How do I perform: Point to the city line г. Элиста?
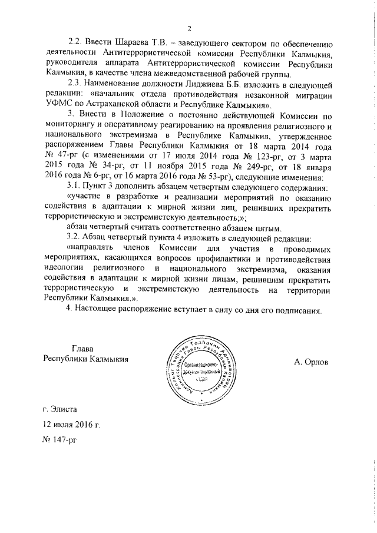tap(59, 408)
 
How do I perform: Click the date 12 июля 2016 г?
tap(72, 423)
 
